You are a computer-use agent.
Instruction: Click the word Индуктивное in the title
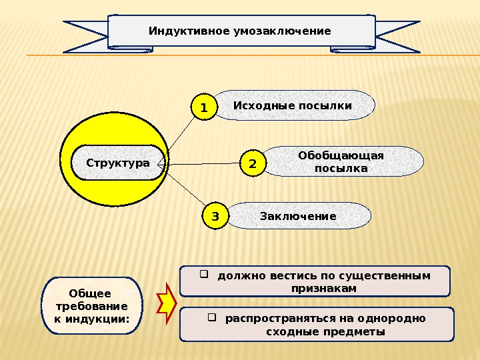point(180,31)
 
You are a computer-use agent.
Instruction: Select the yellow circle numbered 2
point(253,163)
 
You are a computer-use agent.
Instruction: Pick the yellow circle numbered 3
point(215,217)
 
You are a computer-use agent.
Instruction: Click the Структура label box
point(118,163)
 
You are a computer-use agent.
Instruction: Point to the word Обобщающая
point(341,156)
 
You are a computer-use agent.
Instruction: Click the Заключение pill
point(298,216)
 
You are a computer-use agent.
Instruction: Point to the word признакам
point(324,289)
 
